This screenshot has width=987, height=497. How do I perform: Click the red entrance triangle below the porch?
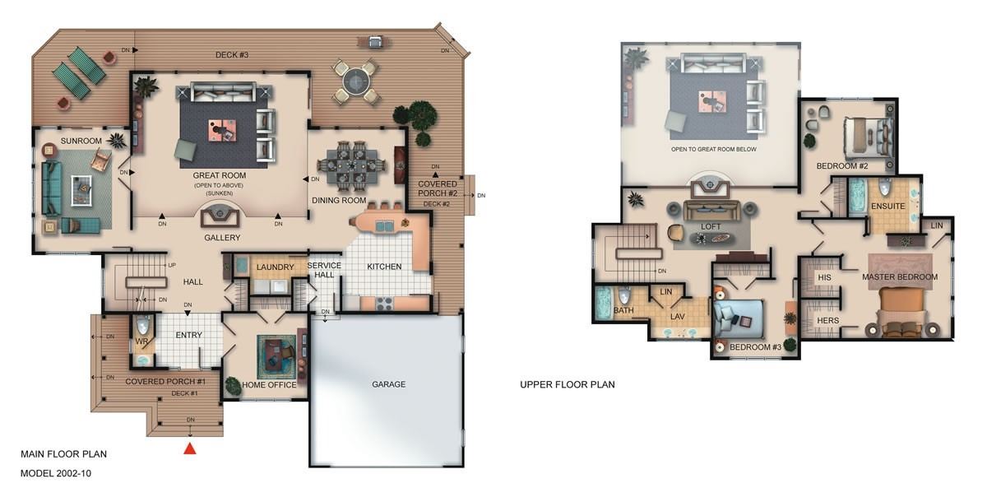point(189,448)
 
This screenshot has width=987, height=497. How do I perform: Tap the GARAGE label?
point(388,384)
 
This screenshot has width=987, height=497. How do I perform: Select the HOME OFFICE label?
point(269,384)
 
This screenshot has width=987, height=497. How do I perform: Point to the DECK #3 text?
point(232,54)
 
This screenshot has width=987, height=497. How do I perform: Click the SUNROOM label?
point(81,141)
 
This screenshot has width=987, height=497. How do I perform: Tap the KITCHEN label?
point(384,267)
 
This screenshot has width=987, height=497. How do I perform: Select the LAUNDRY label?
point(275,267)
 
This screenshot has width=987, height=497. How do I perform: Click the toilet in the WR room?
point(143,326)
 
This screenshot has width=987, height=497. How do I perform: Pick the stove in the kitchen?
point(384,303)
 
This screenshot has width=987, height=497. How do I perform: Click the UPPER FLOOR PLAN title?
point(567,384)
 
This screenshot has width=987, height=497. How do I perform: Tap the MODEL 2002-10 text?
point(56,473)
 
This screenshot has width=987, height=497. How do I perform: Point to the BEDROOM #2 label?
point(842,166)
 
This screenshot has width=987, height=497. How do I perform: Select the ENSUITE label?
point(887,206)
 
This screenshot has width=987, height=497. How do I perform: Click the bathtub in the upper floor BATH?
point(604,303)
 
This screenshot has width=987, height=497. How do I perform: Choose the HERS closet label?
point(828,321)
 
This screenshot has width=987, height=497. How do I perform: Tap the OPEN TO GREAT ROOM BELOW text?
point(713,149)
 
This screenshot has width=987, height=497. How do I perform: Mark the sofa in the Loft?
point(711,211)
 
